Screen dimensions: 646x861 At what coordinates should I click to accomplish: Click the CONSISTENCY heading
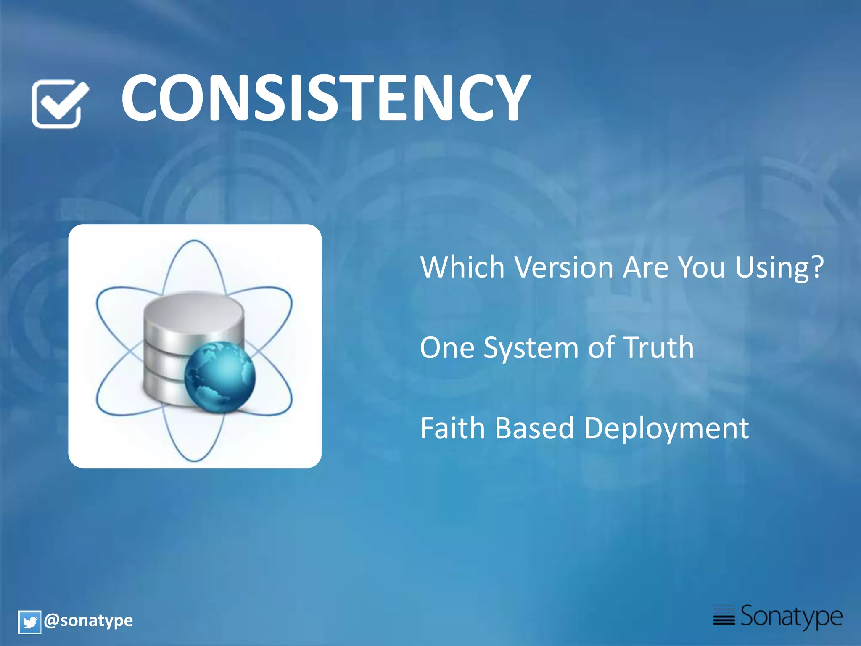coord(326,98)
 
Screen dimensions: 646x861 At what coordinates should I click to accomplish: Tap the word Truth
coord(659,348)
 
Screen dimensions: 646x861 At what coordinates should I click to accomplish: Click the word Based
coord(534,428)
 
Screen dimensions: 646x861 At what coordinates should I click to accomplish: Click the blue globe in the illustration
coord(220,376)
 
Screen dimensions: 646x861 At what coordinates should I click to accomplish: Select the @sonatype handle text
coord(88,621)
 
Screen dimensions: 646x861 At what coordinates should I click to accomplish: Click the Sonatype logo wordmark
coord(791,617)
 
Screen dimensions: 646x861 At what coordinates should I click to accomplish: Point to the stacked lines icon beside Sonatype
coord(724,615)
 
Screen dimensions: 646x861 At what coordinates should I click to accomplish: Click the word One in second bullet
coord(447,348)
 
